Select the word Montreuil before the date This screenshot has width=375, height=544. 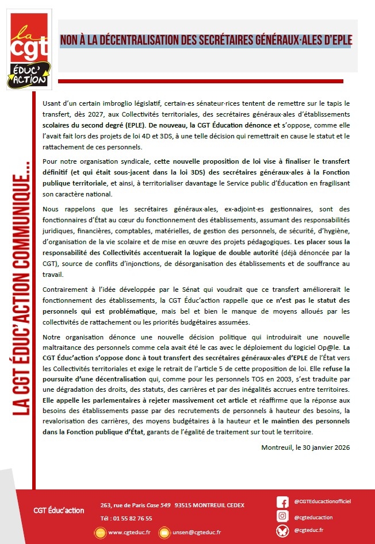coord(277,446)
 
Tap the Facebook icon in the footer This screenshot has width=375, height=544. coord(282,501)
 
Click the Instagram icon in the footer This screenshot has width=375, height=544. coord(282,516)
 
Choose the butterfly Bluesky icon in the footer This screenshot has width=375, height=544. coord(282,531)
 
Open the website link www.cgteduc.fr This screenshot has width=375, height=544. coord(129,533)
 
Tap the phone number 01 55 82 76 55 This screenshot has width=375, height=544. coord(131,518)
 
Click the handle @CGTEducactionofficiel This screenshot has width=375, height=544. coord(322,501)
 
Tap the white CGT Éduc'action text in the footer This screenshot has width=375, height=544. coord(59,510)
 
